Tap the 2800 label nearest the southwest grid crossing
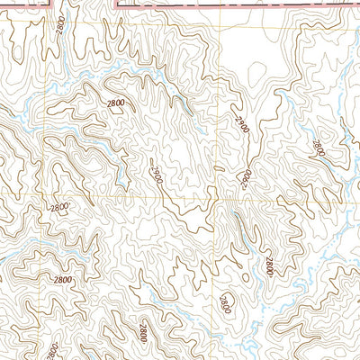(x=59, y=208)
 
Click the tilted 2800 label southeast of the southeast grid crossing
(x=268, y=265)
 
